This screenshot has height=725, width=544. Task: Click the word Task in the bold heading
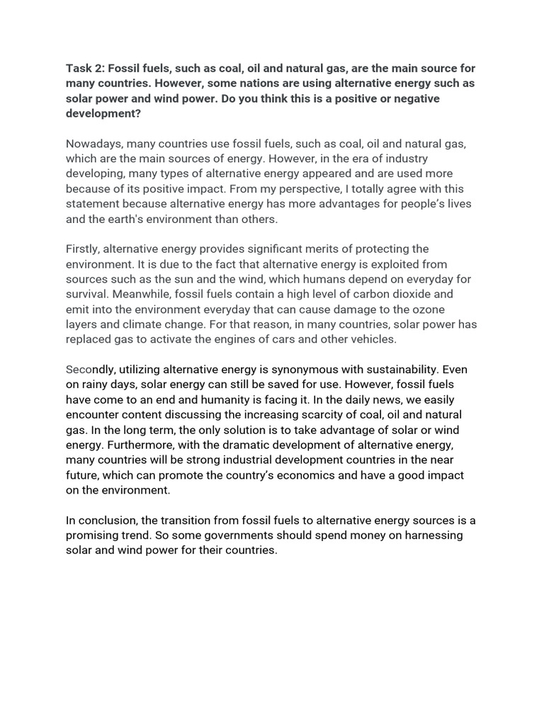pyautogui.click(x=79, y=68)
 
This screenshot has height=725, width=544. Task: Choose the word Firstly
pyautogui.click(x=84, y=249)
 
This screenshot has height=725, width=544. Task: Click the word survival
pyautogui.click(x=89, y=294)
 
